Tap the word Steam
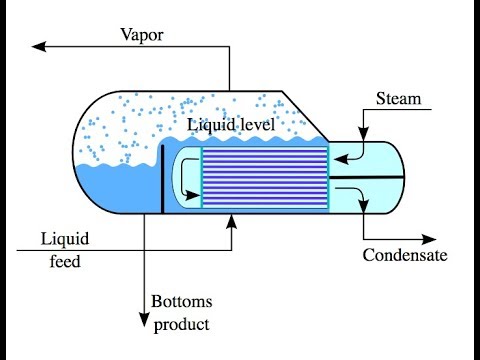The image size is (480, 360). (398, 99)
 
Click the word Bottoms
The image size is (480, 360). (180, 302)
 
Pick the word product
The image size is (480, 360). (180, 324)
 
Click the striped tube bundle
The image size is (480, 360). (266, 177)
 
